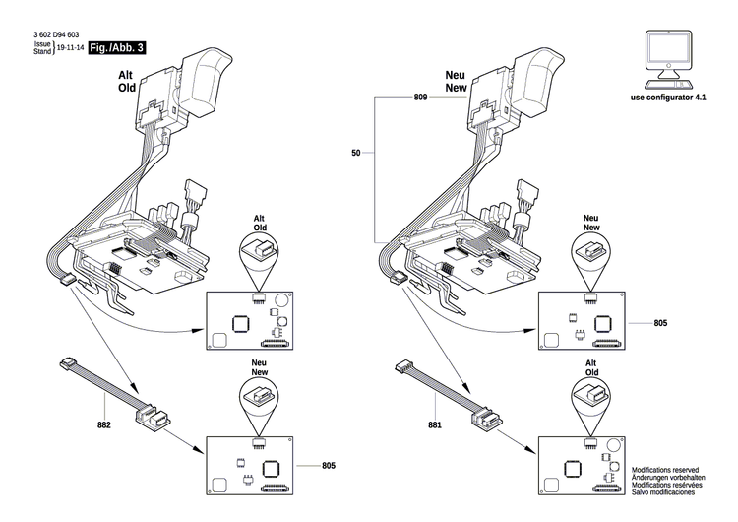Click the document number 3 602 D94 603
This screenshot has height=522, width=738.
(x=58, y=35)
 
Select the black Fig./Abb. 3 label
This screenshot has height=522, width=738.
(x=116, y=47)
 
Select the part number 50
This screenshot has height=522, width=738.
(x=355, y=153)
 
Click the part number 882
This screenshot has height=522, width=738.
(x=104, y=425)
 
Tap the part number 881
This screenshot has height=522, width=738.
(x=435, y=425)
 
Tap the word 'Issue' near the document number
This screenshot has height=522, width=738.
(x=42, y=44)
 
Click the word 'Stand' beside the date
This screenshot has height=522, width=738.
(x=42, y=51)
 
